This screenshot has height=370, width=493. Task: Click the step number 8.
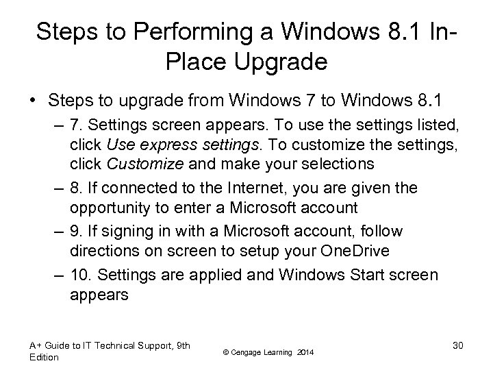(75, 187)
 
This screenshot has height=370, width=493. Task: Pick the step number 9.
(75, 232)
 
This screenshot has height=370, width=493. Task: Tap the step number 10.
(79, 275)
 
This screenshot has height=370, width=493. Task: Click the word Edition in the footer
(43, 357)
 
